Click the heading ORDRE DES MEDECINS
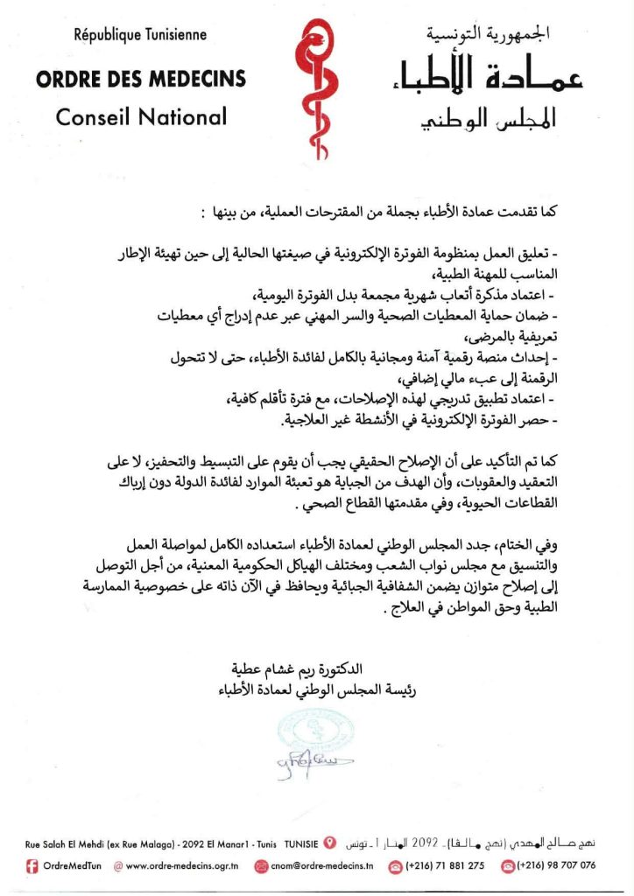pos(141,79)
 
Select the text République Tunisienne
pos(141,36)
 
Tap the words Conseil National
pos(141,116)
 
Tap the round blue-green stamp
pos(306,733)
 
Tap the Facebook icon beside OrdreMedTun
pos(32,865)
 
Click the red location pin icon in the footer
pos(329,843)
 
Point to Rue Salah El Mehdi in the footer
pos(67,844)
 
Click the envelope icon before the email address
pos(261,865)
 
